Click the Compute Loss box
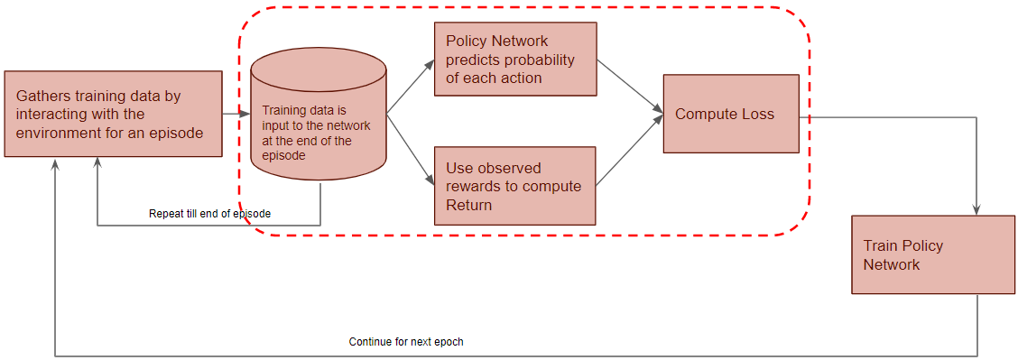731,114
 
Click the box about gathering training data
113,114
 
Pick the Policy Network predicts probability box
515,59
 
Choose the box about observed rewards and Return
515,186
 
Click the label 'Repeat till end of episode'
209,213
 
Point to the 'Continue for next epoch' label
406,341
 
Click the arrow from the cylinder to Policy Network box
411,88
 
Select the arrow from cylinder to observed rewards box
411,149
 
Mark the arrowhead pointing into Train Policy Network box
976,210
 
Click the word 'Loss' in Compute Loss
759,115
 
